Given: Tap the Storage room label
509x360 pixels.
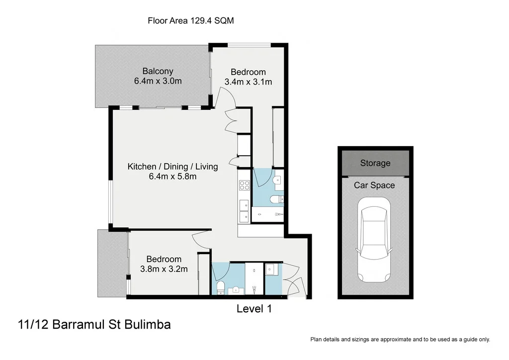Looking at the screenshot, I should pos(375,163).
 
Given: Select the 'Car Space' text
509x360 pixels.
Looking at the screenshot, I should pos(374,185).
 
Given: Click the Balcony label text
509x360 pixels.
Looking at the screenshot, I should pos(158,71).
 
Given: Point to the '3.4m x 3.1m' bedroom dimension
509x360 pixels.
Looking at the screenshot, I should pos(248,82).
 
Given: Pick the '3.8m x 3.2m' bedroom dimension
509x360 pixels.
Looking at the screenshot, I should pos(164,269).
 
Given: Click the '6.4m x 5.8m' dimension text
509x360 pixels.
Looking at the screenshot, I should pos(172,176).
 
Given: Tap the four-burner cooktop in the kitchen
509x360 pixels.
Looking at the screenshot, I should pos(244,185).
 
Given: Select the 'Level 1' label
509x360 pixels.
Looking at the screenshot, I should pos(254,309).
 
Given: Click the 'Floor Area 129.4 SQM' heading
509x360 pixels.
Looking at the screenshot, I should pos(191,20).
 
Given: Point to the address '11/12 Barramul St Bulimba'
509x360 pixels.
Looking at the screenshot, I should pos(94,325).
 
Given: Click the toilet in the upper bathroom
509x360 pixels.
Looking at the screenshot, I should pos(275,200).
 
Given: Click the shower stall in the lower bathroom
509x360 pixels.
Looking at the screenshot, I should pos(254,278).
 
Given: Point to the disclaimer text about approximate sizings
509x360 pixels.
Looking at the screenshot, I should pos(400,340).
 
